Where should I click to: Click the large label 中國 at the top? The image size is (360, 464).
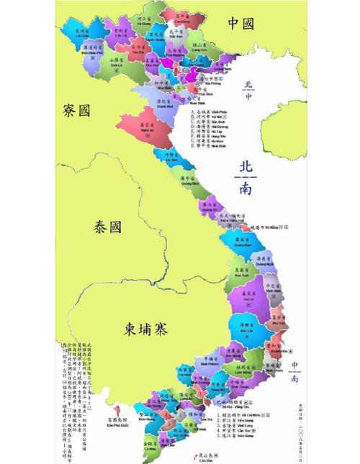[240, 24]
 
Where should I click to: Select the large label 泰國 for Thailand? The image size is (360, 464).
[108, 227]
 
